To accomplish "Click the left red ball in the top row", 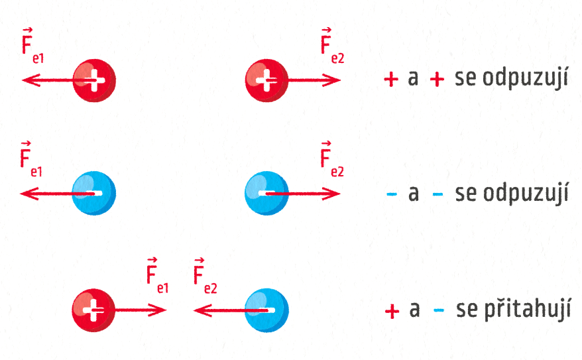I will click(x=94, y=80).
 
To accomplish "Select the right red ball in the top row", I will click(x=266, y=80).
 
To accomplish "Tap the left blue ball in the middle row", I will click(x=94, y=193).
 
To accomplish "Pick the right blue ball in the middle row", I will click(x=266, y=193).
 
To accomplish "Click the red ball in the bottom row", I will click(x=93, y=309).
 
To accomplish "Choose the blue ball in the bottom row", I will click(x=266, y=309).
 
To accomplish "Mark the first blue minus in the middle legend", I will click(x=391, y=194).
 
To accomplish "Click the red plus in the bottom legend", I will click(x=392, y=310).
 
